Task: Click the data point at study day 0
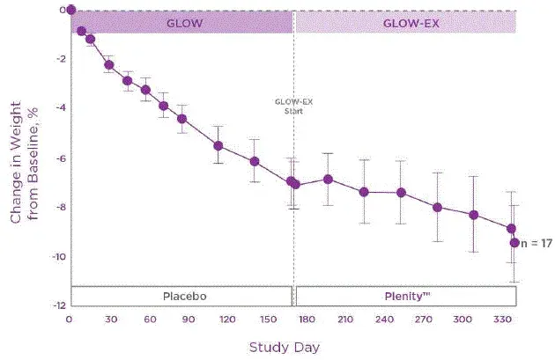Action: pyautogui.click(x=71, y=11)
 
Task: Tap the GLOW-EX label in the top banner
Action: pyautogui.click(x=405, y=24)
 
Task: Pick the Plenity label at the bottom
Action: pyautogui.click(x=404, y=296)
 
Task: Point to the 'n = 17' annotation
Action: pyautogui.click(x=536, y=243)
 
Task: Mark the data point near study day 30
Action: pyautogui.click(x=109, y=64)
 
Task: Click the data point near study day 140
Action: pyautogui.click(x=255, y=161)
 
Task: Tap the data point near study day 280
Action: pyautogui.click(x=438, y=207)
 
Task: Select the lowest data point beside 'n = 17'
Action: pyautogui.click(x=515, y=242)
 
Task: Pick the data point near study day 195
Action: pyautogui.click(x=328, y=179)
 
